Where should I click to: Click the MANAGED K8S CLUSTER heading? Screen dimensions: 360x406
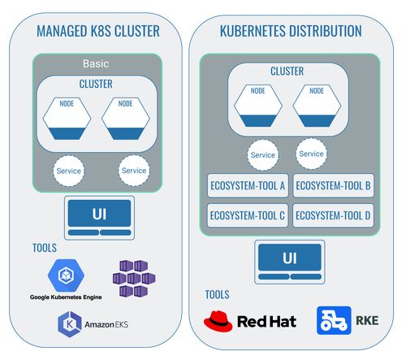(x=97, y=32)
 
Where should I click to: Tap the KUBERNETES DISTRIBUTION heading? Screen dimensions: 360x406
(x=290, y=32)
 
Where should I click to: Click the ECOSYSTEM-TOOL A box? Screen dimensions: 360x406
(x=247, y=186)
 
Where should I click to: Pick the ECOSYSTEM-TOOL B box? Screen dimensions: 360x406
(x=333, y=186)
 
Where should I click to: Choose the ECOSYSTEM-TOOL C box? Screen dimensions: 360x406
(x=247, y=215)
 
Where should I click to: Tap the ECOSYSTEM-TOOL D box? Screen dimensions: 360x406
(x=333, y=215)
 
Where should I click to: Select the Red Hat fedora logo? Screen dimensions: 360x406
(x=218, y=319)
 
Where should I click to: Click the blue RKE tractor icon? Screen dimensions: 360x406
(x=334, y=320)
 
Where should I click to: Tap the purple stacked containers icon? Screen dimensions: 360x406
(x=132, y=278)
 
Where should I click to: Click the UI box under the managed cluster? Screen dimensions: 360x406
(x=99, y=215)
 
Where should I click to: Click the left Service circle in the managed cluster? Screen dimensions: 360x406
(x=69, y=171)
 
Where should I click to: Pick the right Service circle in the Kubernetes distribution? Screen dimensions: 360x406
(x=311, y=154)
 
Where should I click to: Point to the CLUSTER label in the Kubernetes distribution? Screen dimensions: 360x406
(x=287, y=72)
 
